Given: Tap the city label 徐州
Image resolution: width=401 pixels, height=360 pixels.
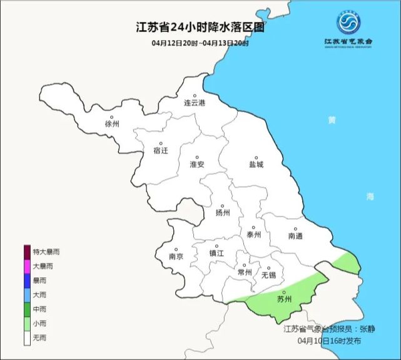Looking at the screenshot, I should [x=113, y=124].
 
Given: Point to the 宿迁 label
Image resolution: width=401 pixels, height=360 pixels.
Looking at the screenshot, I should [x=161, y=150].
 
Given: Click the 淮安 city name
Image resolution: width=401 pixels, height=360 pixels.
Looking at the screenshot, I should [x=197, y=164].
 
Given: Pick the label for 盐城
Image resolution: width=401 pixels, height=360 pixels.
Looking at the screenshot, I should [x=256, y=164].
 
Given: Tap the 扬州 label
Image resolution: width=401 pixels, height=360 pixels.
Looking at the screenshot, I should [x=223, y=212].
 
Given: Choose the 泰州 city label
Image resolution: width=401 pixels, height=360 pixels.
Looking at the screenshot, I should [x=253, y=235].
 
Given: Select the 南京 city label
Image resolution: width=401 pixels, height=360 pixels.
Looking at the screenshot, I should [x=176, y=256].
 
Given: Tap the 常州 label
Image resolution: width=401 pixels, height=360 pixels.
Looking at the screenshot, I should [x=245, y=272].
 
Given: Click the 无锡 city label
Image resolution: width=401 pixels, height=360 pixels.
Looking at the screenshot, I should [x=268, y=275].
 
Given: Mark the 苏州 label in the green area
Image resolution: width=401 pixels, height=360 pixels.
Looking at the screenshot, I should [x=284, y=299].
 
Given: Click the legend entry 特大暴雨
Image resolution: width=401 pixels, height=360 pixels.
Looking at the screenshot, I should [x=46, y=252].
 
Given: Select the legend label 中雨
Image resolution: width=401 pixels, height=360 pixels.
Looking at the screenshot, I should [x=39, y=309].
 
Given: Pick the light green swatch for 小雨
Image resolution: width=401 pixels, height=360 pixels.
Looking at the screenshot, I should [x=28, y=324].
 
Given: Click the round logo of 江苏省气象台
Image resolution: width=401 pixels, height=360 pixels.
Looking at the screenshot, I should [x=348, y=24].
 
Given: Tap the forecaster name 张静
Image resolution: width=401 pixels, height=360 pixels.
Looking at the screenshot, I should [x=365, y=328].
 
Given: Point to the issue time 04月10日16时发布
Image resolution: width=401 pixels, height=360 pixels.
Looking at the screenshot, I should [x=329, y=341].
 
